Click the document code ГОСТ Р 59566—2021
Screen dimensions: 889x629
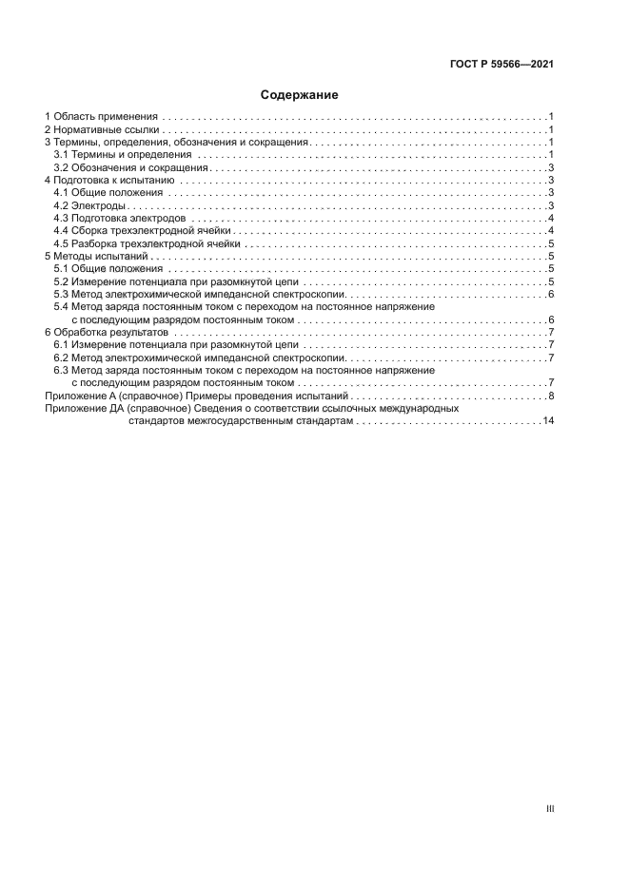click(501, 65)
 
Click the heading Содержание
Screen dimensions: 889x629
click(300, 95)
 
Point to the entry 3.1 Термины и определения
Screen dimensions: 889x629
click(123, 153)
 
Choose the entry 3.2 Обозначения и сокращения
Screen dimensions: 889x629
click(130, 166)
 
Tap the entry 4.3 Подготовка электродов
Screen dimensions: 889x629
click(119, 218)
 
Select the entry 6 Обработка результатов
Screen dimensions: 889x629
click(107, 334)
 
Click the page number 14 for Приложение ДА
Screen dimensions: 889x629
click(548, 420)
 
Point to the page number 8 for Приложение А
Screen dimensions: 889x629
click(551, 395)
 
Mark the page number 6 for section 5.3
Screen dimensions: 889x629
click(551, 295)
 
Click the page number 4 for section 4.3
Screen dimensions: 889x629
click(551, 218)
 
